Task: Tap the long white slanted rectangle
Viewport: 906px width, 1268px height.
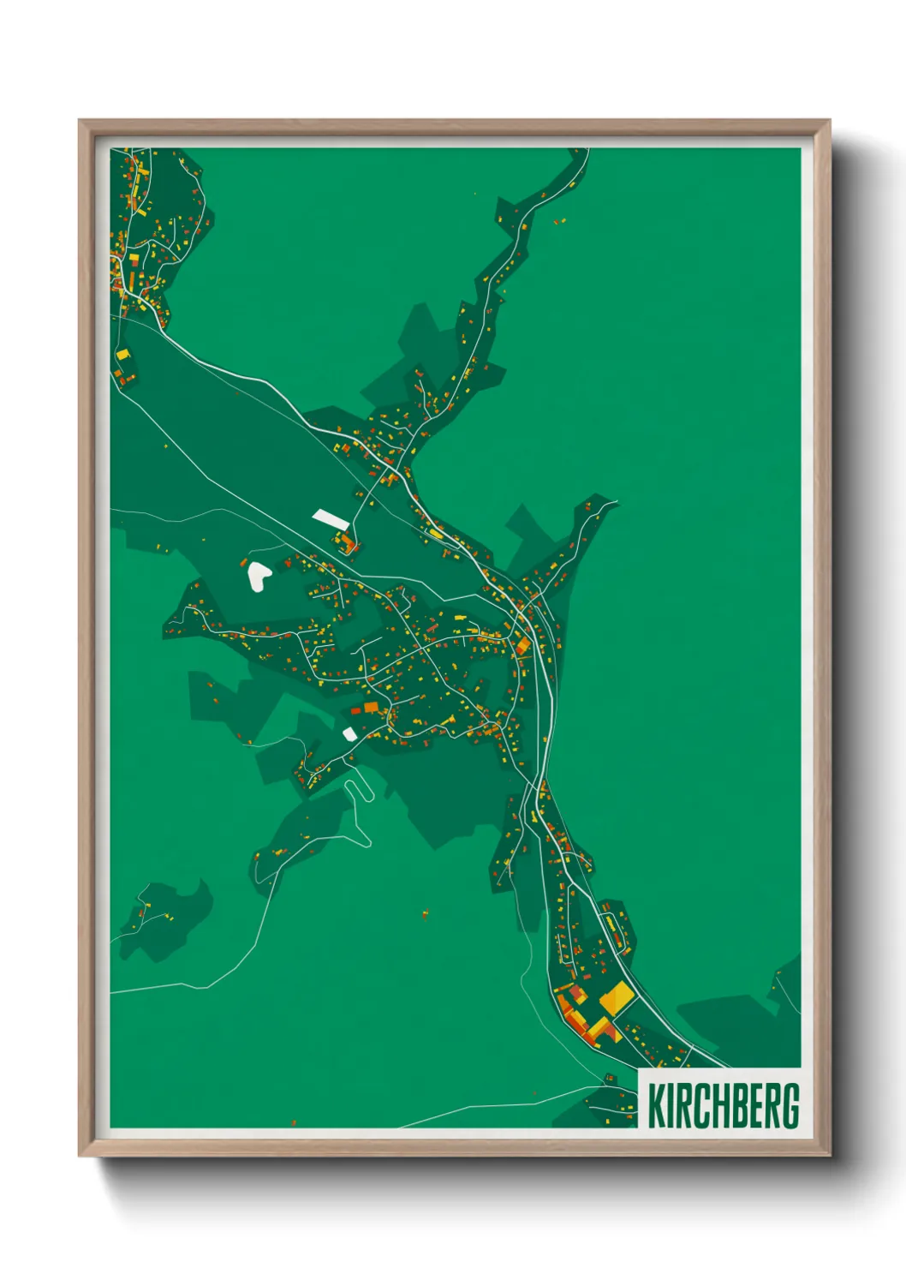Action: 331,518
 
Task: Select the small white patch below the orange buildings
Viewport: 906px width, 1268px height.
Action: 349,733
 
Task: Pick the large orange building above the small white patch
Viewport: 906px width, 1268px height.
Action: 370,707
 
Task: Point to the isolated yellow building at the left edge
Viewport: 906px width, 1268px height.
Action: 122,354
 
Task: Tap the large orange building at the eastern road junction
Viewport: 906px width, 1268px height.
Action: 522,645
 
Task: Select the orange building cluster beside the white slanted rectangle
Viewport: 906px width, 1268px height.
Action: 348,543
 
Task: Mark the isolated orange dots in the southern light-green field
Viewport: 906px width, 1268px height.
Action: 425,914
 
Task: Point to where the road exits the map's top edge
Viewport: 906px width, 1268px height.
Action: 587,151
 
